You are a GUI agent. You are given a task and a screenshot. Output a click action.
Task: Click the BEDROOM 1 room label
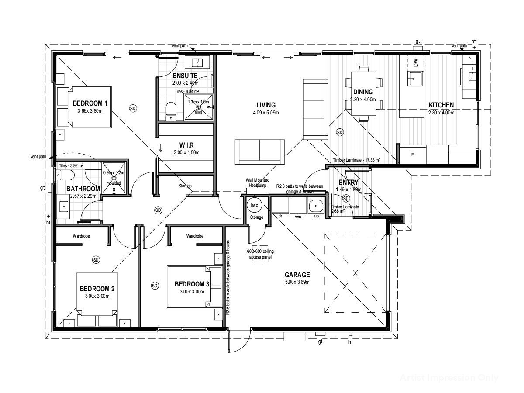tap(90, 103)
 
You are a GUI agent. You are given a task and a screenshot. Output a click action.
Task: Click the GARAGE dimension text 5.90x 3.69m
tap(297, 282)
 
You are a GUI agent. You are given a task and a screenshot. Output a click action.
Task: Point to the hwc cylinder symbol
tap(254, 205)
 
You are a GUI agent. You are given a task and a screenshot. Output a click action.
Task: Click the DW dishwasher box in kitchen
tap(415, 63)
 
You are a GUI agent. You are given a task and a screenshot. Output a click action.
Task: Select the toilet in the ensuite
tap(172, 111)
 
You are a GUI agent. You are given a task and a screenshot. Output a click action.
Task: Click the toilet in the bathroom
tap(65, 176)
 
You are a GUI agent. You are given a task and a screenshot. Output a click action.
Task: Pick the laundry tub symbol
tap(314, 206)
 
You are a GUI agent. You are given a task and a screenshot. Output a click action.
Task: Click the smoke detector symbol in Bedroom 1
tap(133, 107)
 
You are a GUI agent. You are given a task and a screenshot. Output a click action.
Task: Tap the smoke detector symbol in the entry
tap(346, 198)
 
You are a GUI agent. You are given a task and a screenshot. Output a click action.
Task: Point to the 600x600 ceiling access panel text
tap(260, 254)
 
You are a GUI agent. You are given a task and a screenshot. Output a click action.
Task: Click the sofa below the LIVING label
tap(259, 152)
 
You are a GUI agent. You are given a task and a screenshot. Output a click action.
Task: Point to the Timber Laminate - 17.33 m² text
tap(356, 160)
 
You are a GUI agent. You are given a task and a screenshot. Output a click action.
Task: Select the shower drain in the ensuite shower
tap(198, 107)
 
